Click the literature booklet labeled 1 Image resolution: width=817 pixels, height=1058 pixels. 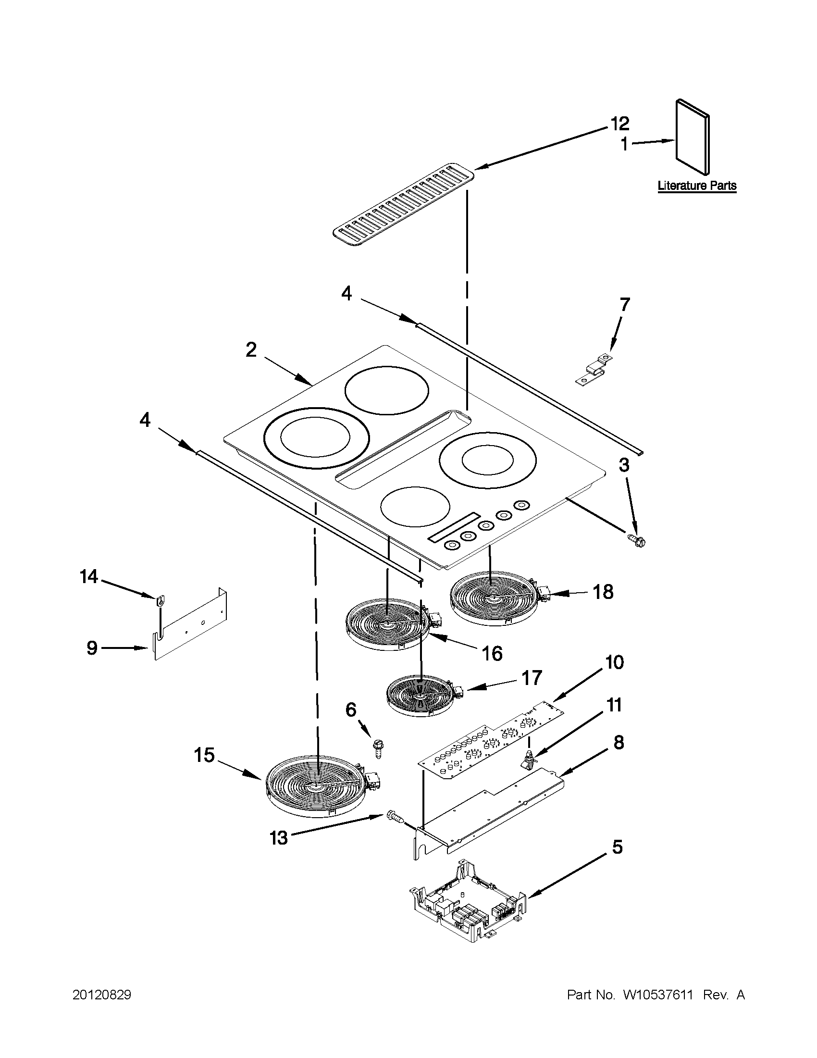pos(693,137)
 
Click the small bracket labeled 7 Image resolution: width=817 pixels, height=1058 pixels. pos(594,371)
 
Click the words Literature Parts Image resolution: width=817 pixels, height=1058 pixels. pos(696,186)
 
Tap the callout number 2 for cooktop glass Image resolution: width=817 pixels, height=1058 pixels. pos(251,350)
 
